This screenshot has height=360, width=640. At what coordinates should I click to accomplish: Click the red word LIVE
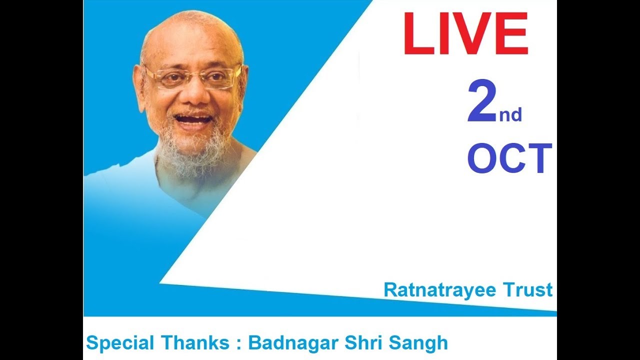tap(465, 34)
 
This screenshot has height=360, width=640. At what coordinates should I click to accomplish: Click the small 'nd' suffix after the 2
tap(510, 115)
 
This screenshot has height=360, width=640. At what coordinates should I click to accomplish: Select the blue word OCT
tap(509, 159)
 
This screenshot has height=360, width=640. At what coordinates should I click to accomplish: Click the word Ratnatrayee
tap(432, 290)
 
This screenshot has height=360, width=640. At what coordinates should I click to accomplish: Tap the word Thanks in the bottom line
tap(192, 343)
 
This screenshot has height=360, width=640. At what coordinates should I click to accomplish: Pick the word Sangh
tap(418, 343)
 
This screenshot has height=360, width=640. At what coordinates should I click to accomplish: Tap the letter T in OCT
tap(539, 159)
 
